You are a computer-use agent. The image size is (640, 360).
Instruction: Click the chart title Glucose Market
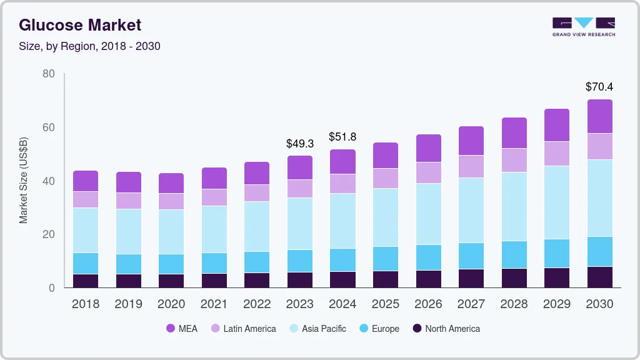pyautogui.click(x=80, y=25)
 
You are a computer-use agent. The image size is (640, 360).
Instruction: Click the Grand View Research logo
pyautogui.click(x=583, y=27)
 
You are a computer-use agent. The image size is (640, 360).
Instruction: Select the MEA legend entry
pyautogui.click(x=182, y=328)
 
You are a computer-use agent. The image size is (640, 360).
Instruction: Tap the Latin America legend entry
pyautogui.click(x=243, y=328)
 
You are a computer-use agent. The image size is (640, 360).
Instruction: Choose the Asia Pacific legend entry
pyautogui.click(x=317, y=328)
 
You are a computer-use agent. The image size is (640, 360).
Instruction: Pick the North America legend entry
pyautogui.click(x=446, y=328)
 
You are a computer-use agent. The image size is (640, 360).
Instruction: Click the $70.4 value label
pyautogui.click(x=599, y=86)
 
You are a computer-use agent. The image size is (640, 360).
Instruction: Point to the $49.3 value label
pyautogui.click(x=300, y=143)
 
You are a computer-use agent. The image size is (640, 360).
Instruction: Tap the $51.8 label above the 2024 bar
pyautogui.click(x=342, y=136)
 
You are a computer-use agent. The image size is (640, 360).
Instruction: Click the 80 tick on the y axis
pyautogui.click(x=48, y=74)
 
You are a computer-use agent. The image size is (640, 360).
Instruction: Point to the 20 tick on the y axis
pyautogui.click(x=48, y=234)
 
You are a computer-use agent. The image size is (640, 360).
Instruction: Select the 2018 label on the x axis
pyautogui.click(x=86, y=304)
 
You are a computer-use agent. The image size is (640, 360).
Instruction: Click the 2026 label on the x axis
pyautogui.click(x=428, y=304)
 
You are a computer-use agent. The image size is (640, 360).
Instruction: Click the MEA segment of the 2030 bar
pyautogui.click(x=599, y=116)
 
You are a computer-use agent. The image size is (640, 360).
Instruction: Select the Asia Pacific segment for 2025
pyautogui.click(x=386, y=217)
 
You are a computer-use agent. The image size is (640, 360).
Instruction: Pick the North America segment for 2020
pyautogui.click(x=171, y=281)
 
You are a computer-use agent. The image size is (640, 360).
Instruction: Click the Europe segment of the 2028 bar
pyautogui.click(x=514, y=254)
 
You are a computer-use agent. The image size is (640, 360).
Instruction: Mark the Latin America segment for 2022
pyautogui.click(x=257, y=192)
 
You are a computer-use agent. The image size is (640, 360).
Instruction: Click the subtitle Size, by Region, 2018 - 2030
pyautogui.click(x=89, y=46)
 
